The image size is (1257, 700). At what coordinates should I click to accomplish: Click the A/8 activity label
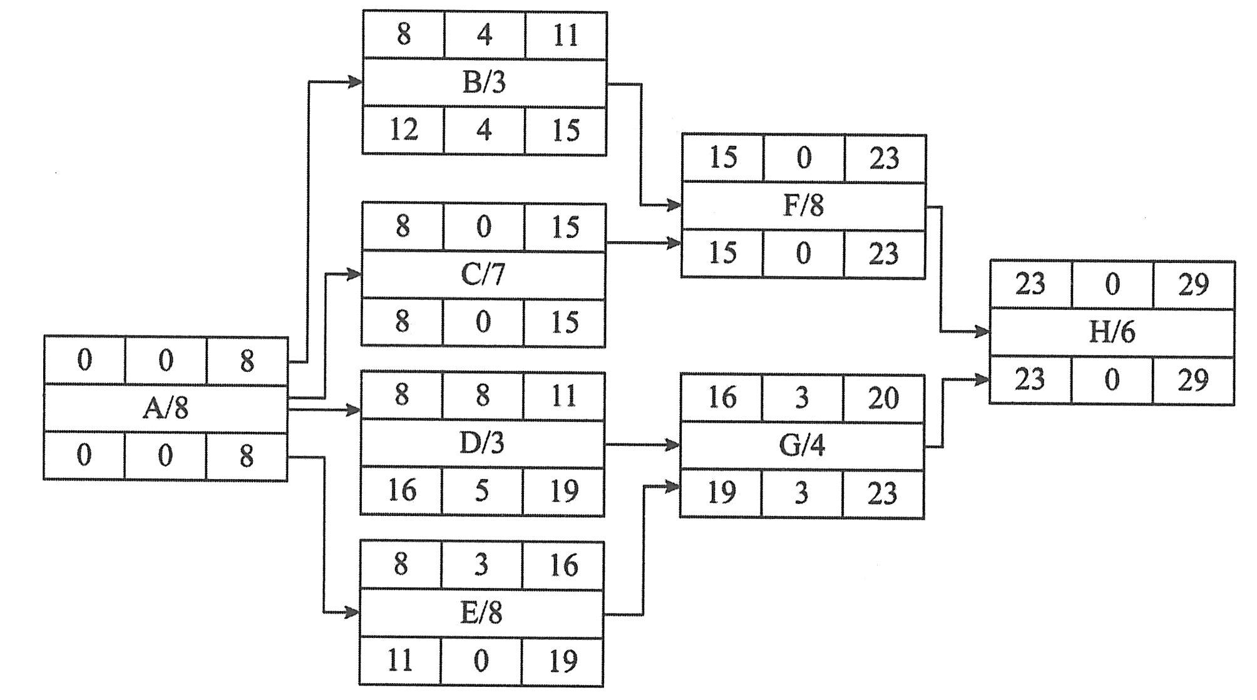click(165, 408)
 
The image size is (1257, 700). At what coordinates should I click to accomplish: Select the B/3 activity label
click(484, 83)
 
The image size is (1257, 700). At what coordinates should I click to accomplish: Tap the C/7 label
click(483, 274)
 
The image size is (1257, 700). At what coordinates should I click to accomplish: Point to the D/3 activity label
click(481, 443)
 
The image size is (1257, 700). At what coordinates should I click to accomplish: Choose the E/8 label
click(481, 613)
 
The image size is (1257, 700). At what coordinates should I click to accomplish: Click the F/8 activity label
click(803, 206)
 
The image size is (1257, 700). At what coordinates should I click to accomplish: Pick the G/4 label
click(802, 445)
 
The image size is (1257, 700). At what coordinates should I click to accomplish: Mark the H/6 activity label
click(1112, 332)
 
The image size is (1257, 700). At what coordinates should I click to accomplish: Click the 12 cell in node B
click(403, 130)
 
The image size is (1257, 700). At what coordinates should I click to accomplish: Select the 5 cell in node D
click(481, 490)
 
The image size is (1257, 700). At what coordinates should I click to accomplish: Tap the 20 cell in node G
click(883, 398)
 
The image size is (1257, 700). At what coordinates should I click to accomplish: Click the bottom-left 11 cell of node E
click(399, 661)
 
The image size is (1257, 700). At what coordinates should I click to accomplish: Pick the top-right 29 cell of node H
click(1193, 285)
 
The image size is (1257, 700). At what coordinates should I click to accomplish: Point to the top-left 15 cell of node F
click(722, 158)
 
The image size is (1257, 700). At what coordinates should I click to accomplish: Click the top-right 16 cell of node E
click(563, 565)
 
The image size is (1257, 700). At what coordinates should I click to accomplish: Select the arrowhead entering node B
click(356, 81)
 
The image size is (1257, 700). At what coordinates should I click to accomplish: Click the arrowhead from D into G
click(673, 445)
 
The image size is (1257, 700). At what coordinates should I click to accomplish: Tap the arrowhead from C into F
click(674, 243)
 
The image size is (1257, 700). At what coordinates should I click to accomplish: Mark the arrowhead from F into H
click(982, 332)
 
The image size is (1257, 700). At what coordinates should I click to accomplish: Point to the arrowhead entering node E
click(352, 612)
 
